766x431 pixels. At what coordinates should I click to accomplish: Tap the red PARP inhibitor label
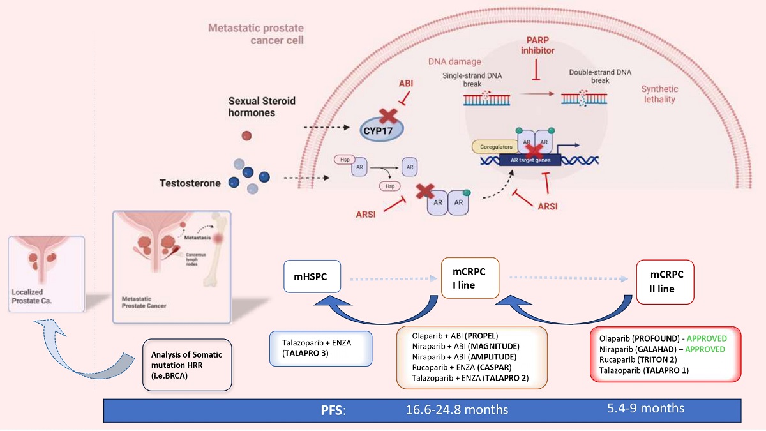click(537, 44)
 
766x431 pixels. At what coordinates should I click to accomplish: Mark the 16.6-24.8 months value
click(465, 409)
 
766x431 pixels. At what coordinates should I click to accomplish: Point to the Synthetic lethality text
click(659, 95)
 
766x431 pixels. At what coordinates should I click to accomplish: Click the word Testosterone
click(190, 183)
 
